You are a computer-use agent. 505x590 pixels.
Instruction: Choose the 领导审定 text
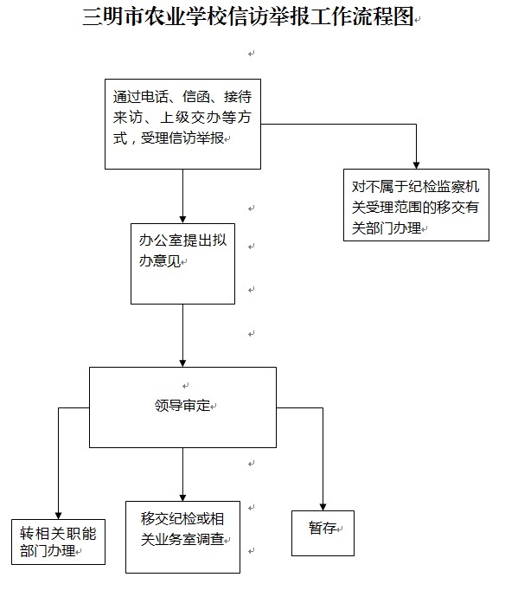click(182, 406)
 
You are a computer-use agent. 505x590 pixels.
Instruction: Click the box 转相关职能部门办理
click(58, 542)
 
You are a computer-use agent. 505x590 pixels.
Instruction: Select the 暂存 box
click(323, 531)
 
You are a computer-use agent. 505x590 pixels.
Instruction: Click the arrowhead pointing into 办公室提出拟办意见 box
click(182, 217)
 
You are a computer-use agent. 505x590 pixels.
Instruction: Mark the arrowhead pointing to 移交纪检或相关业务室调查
click(182, 494)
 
